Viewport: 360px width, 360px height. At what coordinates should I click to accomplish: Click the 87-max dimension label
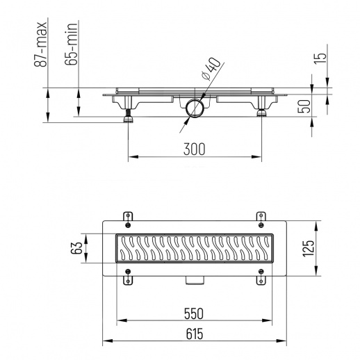40,44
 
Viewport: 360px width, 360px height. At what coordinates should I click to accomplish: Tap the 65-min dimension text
71,44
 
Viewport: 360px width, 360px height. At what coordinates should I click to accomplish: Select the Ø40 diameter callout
211,69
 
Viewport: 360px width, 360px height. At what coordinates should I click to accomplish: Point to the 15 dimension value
320,58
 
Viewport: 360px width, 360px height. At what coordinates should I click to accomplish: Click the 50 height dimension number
304,106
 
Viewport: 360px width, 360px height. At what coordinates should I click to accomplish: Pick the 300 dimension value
194,149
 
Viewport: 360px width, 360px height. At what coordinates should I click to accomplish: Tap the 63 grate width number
76,248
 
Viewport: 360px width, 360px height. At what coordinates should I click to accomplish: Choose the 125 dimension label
308,249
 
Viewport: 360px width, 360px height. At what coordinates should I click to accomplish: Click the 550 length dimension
194,313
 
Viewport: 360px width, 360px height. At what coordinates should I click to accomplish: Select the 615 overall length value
194,334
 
